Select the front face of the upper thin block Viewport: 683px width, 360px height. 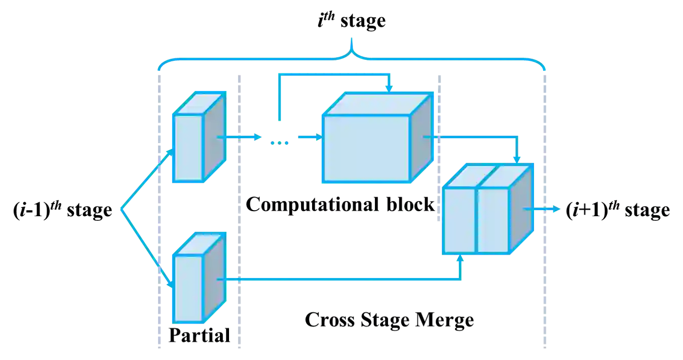[188, 147]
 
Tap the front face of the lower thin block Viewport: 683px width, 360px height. [188, 289]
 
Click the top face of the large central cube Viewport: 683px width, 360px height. [377, 104]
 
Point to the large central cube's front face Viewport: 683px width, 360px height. [365, 148]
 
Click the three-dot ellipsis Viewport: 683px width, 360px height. [280, 143]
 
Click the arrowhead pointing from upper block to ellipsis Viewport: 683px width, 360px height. [257, 137]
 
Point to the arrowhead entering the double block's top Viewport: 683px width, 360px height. [516, 158]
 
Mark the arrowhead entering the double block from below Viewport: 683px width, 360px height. [461, 258]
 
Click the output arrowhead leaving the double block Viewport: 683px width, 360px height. [557, 209]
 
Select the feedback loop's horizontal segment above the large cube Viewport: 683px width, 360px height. [332, 75]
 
